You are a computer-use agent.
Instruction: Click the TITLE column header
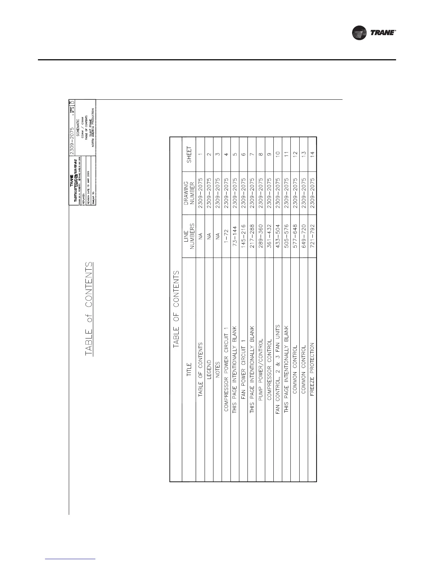(189, 369)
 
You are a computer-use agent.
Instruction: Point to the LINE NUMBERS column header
(189, 237)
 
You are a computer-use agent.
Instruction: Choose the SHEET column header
(189, 155)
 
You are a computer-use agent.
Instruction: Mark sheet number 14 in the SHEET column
(312, 155)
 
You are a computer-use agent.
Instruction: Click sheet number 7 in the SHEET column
(252, 155)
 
